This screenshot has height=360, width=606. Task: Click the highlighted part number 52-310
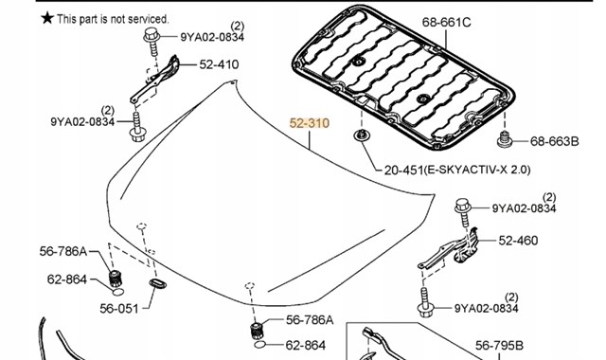point(310,123)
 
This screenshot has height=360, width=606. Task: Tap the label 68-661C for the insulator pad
point(446,22)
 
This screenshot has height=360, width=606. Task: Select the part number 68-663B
point(555,141)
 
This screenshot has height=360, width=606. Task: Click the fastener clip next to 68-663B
point(505,139)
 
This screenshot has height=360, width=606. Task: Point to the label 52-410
point(219,64)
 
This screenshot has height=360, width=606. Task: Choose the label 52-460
point(518,241)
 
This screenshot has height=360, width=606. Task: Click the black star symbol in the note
point(47,17)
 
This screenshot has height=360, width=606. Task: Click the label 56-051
point(119,309)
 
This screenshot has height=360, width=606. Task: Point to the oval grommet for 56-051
point(158,283)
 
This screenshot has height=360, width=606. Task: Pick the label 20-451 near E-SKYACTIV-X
point(403,170)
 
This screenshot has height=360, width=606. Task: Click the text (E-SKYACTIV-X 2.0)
point(477,170)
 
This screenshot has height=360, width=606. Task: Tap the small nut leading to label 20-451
point(362,135)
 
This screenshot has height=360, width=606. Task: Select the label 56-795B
point(499,345)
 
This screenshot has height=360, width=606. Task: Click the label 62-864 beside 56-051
point(67,279)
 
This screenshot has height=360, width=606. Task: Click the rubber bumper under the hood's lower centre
point(257,331)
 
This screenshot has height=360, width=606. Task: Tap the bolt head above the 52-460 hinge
point(463,205)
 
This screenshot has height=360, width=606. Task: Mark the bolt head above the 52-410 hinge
point(151,35)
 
